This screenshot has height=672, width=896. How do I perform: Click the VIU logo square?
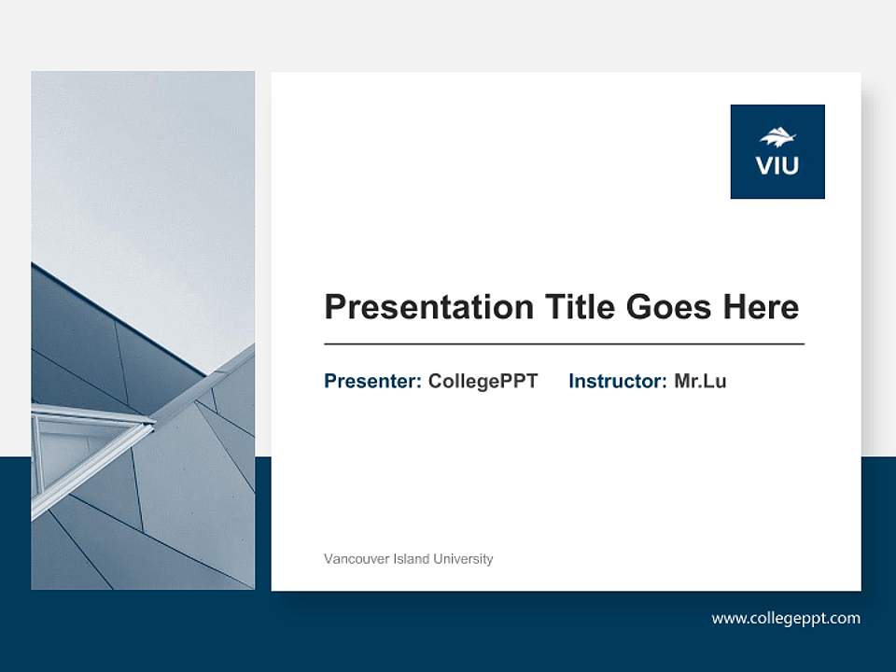(x=777, y=151)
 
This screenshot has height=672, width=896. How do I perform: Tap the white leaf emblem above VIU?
(x=777, y=137)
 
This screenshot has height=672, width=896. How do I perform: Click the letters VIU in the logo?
(x=777, y=167)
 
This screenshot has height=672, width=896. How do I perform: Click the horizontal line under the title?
(x=564, y=344)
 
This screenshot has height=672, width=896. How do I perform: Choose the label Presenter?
(x=372, y=381)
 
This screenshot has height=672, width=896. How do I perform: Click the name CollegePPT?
(x=483, y=381)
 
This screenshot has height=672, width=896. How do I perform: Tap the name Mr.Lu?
(x=700, y=381)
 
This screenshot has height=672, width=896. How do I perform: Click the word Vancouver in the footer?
(x=353, y=559)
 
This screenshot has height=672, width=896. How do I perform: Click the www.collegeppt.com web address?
(x=786, y=618)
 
